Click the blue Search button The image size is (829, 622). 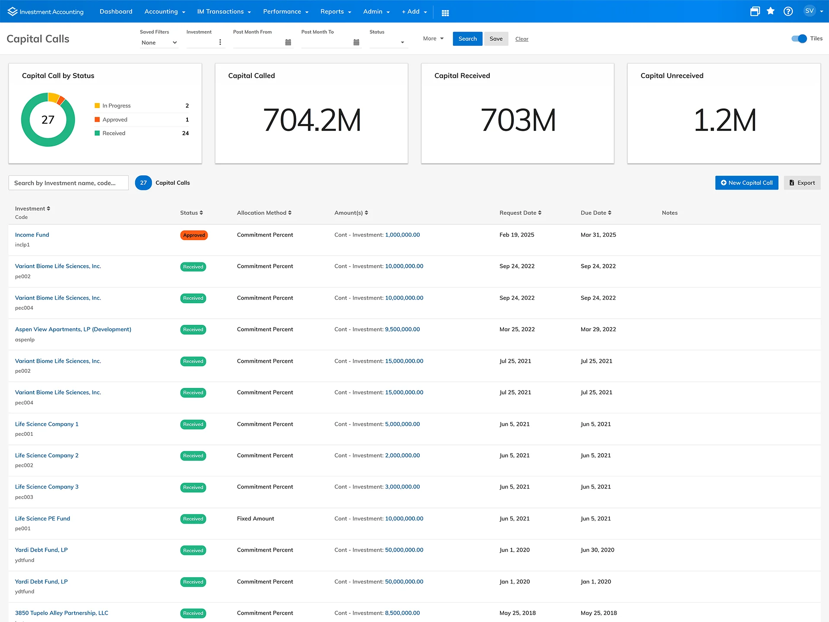click(x=467, y=39)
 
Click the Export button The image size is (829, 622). click(x=802, y=183)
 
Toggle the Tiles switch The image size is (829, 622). click(x=799, y=39)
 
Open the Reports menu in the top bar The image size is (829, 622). click(x=335, y=12)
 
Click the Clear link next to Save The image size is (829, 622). click(x=522, y=39)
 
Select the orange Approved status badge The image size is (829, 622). click(x=194, y=235)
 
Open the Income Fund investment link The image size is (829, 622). click(x=32, y=235)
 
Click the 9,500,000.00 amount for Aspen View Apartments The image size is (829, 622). click(x=402, y=330)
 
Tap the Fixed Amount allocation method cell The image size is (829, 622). click(x=255, y=519)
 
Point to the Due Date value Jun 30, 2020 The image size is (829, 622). click(x=597, y=550)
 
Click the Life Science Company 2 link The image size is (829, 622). click(x=47, y=456)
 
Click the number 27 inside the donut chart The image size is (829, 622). click(x=48, y=120)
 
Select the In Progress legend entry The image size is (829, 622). click(x=116, y=106)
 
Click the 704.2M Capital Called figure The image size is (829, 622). click(x=312, y=120)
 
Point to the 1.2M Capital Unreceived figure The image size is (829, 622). click(x=725, y=120)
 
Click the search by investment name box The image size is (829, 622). click(x=69, y=183)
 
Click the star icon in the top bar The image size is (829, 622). click(x=771, y=12)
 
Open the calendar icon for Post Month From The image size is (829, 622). click(x=288, y=42)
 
